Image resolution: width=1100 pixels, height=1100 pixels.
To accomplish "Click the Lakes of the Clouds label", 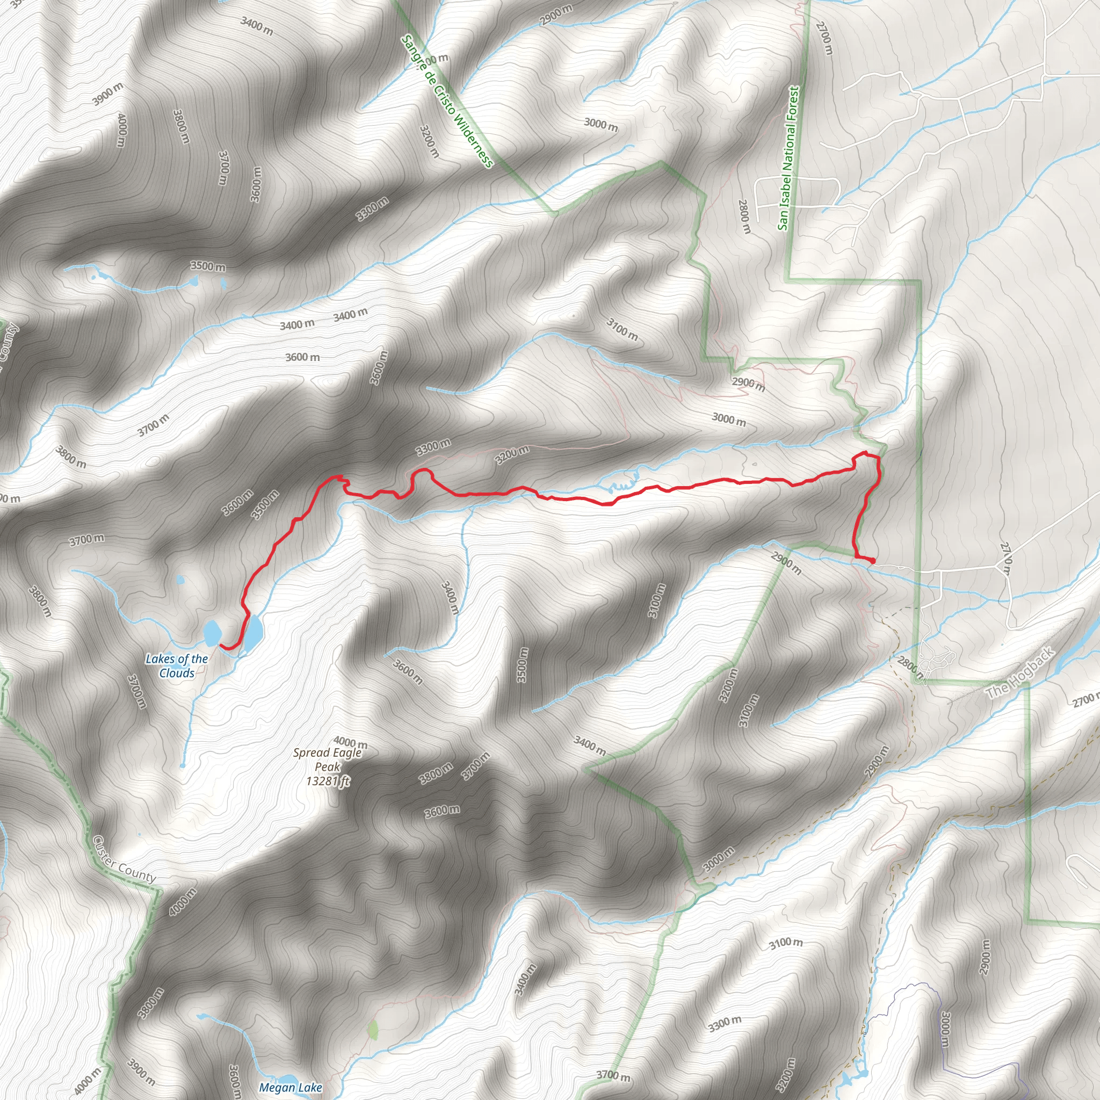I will tap(177, 665).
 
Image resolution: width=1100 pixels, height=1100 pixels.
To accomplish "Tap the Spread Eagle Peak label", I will tap(328, 759).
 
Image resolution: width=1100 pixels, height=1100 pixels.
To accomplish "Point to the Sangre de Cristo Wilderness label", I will tap(447, 102).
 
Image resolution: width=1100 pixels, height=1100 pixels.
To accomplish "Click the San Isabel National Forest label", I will tap(788, 158).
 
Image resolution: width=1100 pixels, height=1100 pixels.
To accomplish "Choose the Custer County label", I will tap(124, 860).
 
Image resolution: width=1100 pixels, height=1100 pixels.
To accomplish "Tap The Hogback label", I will tap(1020, 675).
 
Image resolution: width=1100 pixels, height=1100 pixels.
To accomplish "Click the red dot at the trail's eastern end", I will tap(873, 561).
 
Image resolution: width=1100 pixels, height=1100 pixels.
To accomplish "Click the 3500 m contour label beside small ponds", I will tap(208, 266).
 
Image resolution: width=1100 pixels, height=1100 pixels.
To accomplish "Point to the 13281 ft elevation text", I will tap(328, 781).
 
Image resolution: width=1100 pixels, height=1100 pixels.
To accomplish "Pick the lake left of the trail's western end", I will tap(212, 632).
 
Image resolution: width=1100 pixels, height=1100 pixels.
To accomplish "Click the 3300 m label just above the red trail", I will tap(433, 447).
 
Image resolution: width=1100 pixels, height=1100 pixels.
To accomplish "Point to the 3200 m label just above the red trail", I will tap(512, 455).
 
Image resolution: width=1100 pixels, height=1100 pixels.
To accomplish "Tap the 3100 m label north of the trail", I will tap(622, 330).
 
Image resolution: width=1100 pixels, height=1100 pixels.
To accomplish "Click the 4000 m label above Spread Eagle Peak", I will tap(351, 742).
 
